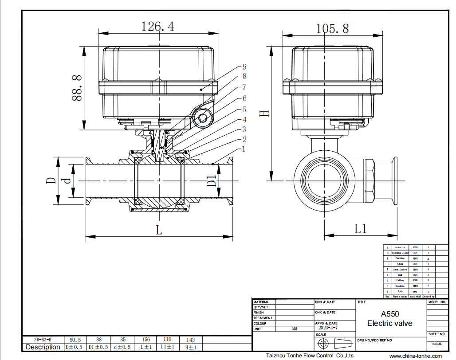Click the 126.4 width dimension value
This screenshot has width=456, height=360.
[x=157, y=26]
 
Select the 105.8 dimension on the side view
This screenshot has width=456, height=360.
[x=332, y=29]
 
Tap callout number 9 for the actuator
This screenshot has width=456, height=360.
[x=244, y=67]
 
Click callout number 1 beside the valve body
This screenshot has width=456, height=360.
[x=244, y=149]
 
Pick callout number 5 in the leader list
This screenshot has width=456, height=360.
[x=244, y=109]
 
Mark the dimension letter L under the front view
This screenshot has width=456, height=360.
[x=159, y=230]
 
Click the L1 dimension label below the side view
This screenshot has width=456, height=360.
[x=361, y=229]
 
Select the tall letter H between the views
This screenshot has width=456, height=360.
[x=264, y=113]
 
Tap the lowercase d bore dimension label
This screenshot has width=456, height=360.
[x=67, y=181]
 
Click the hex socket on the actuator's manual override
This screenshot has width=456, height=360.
[x=203, y=118]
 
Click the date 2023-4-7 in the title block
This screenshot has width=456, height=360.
[x=328, y=328]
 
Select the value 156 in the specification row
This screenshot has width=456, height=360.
[x=146, y=340]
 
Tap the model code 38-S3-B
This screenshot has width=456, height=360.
[x=43, y=340]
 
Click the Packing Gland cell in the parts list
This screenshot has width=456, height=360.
[x=400, y=253]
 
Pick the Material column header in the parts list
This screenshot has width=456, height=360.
[x=415, y=297]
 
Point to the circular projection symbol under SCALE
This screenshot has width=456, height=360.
[x=324, y=344]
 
